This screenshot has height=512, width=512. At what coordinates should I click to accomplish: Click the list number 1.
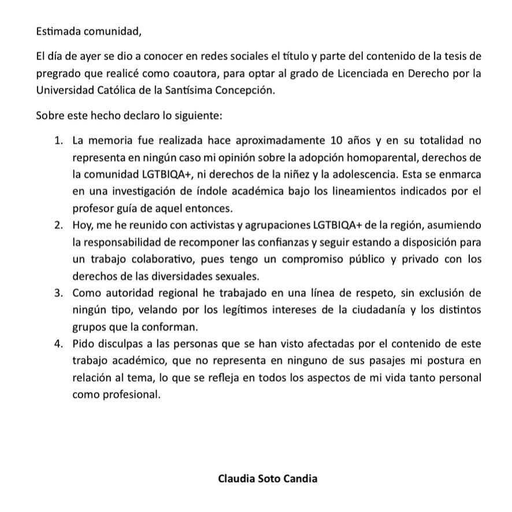[x=58, y=140]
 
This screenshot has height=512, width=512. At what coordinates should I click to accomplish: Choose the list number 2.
[x=58, y=224]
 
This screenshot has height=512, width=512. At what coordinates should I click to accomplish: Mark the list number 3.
[x=58, y=293]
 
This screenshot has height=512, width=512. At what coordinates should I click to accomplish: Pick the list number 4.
[x=58, y=344]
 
